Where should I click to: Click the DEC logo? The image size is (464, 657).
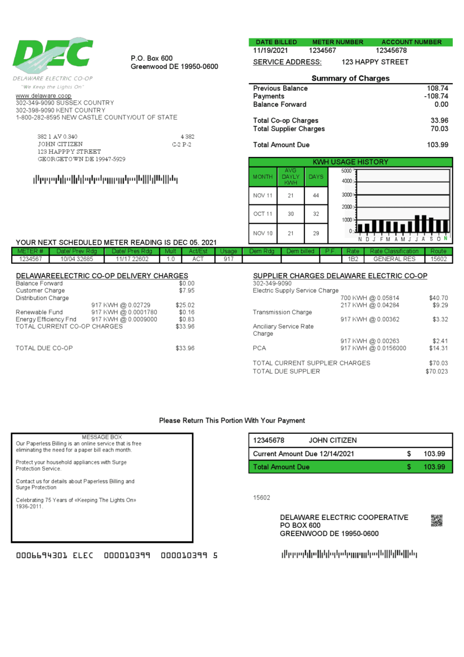tap(53, 56)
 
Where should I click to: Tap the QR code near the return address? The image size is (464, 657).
tap(436, 521)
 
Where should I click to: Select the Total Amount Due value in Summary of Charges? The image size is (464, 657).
tap(437, 145)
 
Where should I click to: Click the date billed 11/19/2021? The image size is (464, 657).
tap(270, 51)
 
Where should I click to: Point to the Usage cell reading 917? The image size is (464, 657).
tap(228, 259)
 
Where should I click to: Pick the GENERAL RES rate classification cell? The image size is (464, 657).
tap(394, 259)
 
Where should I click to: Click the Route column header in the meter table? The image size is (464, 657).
tap(438, 251)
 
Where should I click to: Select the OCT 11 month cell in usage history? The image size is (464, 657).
tap(262, 215)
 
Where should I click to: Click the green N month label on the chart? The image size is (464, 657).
tap(445, 239)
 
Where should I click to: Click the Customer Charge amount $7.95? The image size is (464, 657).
tap(187, 291)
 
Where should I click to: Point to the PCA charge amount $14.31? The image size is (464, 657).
tap(438, 349)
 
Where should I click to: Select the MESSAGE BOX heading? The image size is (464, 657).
tap(102, 437)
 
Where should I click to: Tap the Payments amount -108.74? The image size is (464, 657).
tap(436, 97)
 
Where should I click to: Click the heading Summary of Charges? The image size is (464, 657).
tap(350, 78)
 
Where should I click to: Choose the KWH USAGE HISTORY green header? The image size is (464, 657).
tap(350, 162)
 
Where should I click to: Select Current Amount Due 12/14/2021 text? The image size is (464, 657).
tap(303, 454)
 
